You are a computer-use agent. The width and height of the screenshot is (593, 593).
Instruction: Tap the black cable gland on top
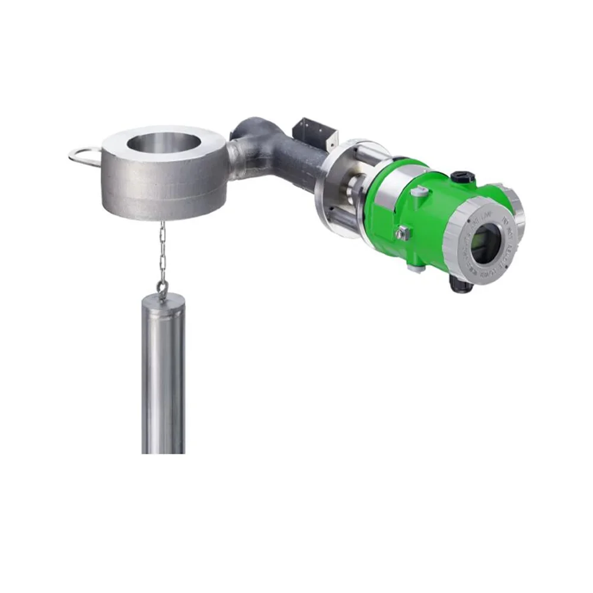(x=460, y=177)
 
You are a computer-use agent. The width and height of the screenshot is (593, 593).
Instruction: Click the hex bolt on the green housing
(x=403, y=233)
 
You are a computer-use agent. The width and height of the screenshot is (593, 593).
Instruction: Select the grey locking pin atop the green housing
(x=419, y=191)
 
